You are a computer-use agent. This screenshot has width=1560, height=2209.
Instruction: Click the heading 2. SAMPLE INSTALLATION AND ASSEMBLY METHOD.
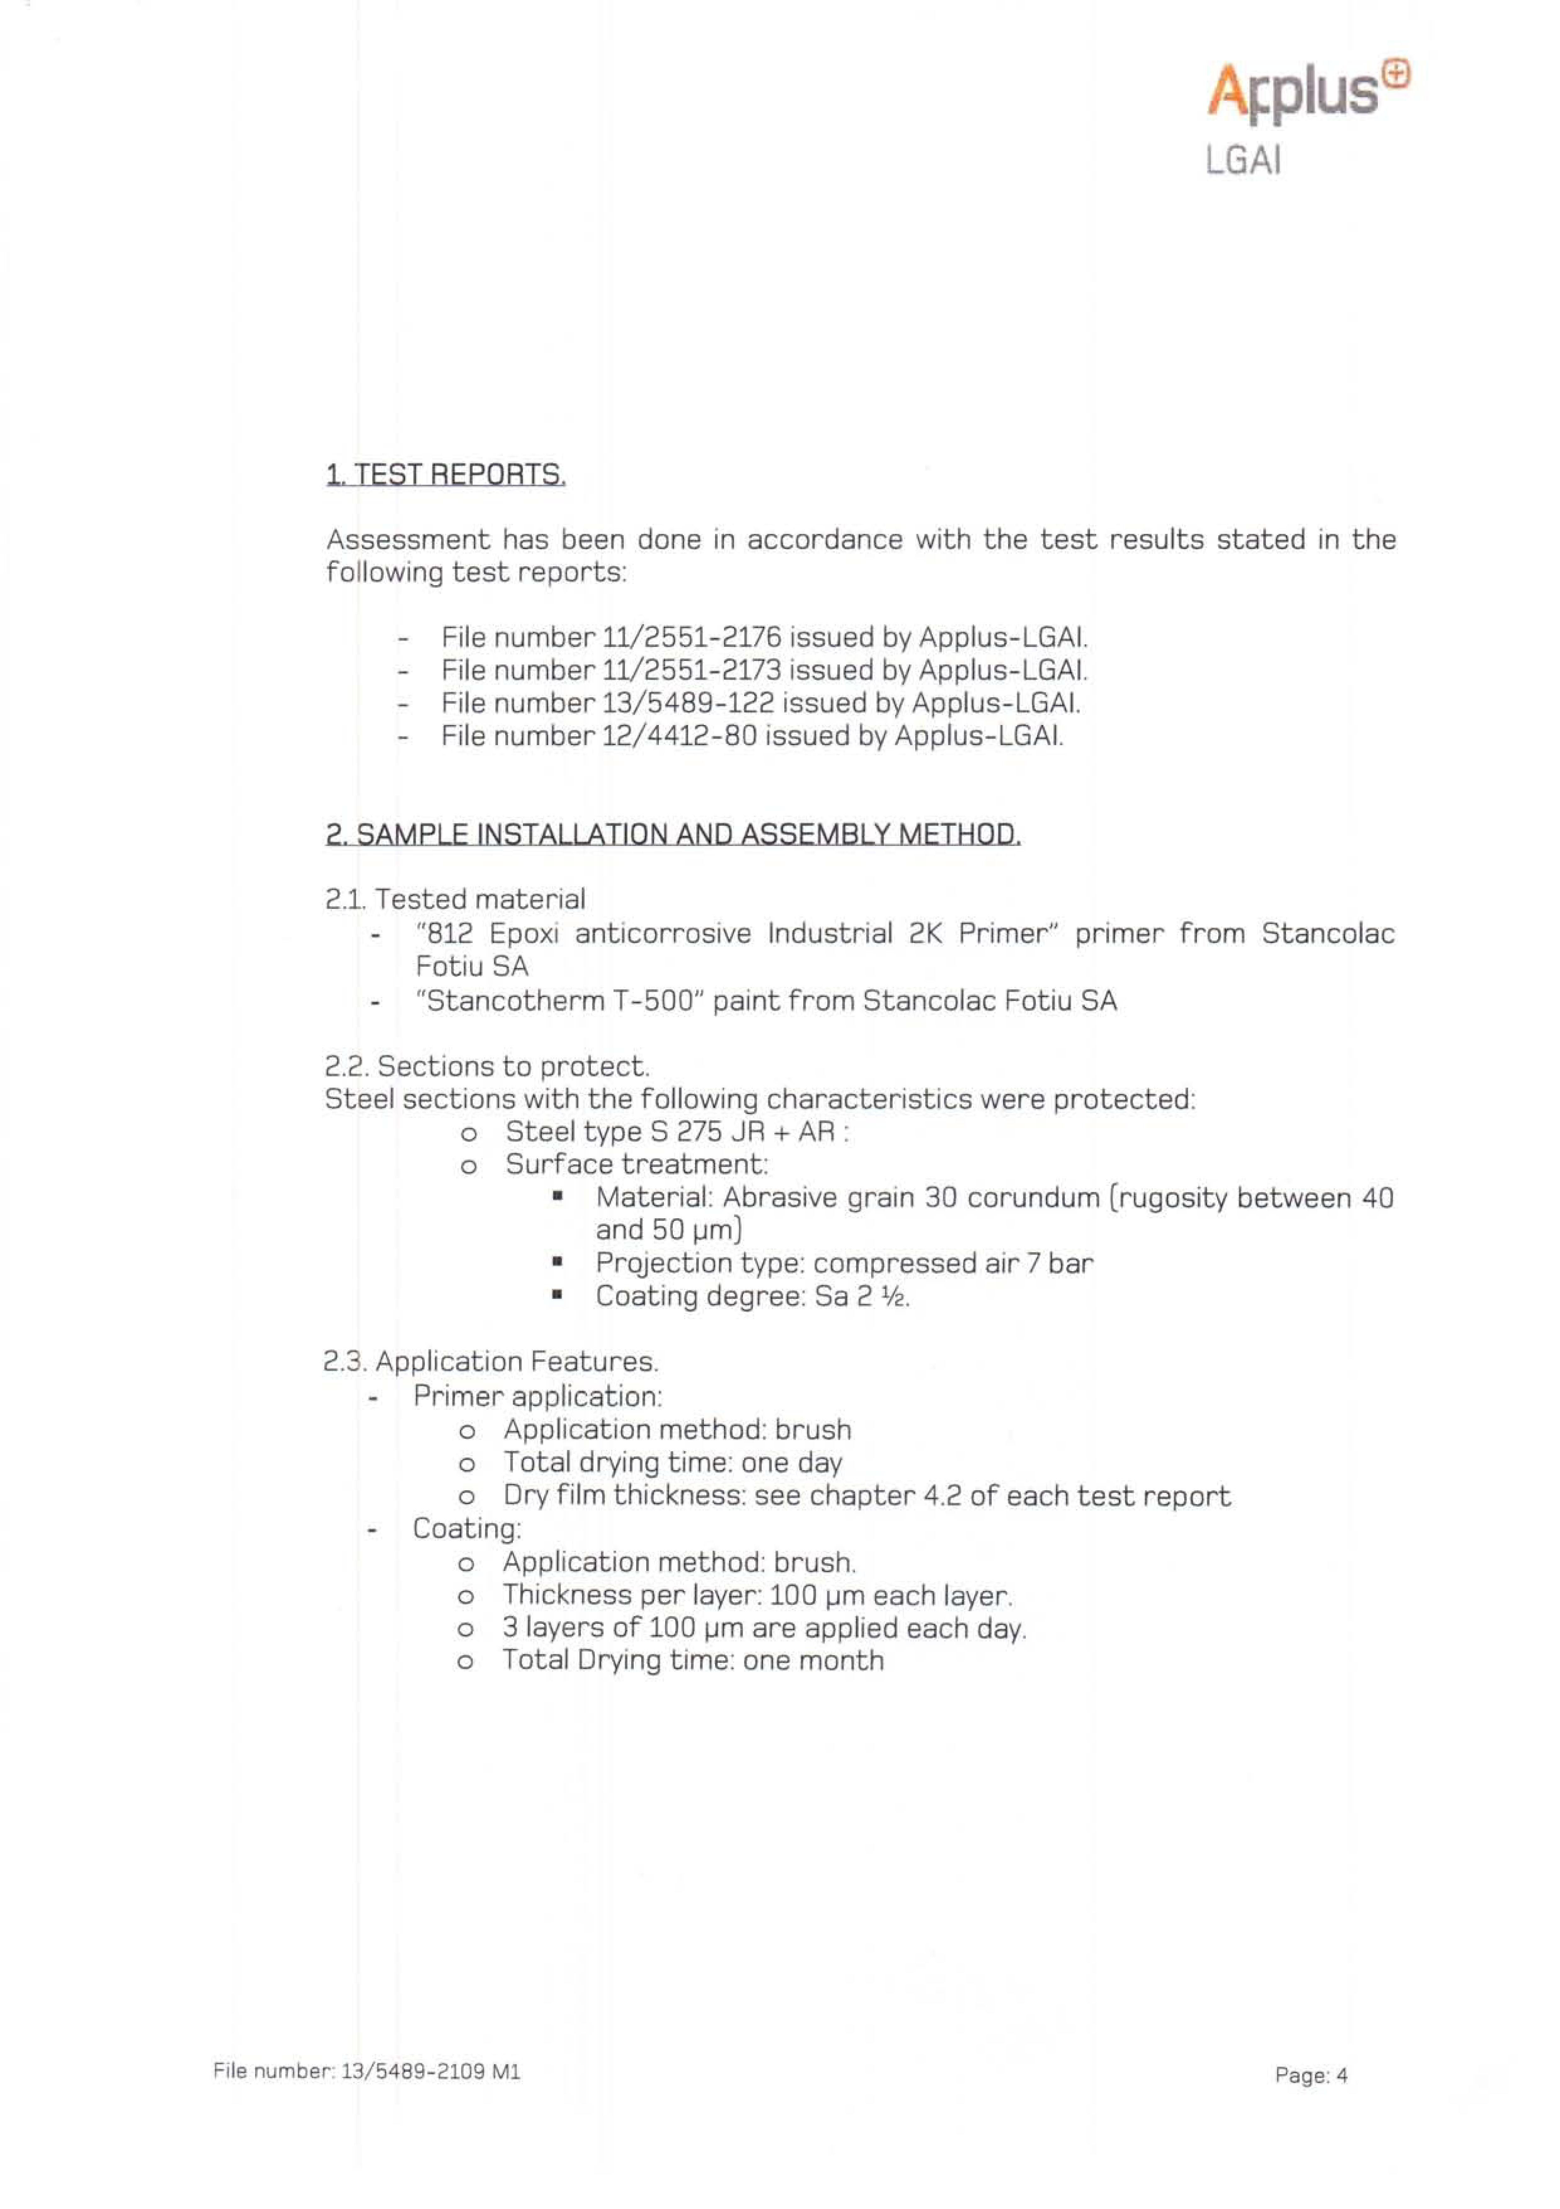click(672, 833)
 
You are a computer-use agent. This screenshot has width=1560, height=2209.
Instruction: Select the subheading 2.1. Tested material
click(455, 900)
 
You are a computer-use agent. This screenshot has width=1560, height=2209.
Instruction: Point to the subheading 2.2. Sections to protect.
click(487, 1066)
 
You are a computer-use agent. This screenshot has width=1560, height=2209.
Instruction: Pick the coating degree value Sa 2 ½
click(861, 1297)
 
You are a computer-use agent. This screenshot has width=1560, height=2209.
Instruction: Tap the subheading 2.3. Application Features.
click(491, 1362)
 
